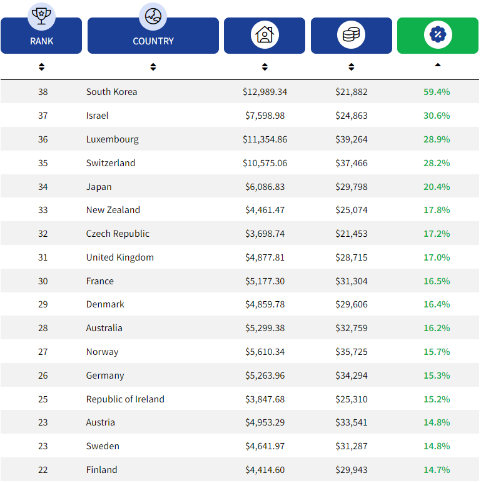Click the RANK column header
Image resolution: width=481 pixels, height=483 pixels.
point(41,41)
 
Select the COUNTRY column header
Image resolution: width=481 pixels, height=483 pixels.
point(153,41)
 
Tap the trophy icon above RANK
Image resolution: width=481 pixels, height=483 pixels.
point(41,16)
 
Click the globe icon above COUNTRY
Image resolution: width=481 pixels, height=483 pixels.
point(153,16)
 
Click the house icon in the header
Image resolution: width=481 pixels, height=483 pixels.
point(265,34)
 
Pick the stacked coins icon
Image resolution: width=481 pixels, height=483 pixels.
point(351,34)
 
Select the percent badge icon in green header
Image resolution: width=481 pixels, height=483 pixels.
point(437,34)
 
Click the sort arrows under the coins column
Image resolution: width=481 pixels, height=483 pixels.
point(351,67)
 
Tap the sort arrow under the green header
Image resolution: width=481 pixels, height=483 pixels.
point(437,64)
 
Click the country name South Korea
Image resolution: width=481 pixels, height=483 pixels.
point(111,92)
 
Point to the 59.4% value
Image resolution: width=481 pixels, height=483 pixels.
point(437,92)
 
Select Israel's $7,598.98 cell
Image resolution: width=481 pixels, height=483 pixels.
point(265,116)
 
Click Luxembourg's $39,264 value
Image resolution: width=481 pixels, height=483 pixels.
point(351,139)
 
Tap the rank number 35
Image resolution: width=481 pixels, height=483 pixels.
point(43,163)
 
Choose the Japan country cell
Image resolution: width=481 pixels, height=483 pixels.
point(99,187)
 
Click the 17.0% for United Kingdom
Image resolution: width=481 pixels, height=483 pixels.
point(437,257)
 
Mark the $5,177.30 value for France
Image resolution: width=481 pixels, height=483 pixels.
point(265,281)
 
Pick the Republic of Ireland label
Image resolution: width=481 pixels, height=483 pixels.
point(125,399)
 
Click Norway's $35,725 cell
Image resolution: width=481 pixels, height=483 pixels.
point(351,352)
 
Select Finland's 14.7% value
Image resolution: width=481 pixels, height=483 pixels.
point(437,470)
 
